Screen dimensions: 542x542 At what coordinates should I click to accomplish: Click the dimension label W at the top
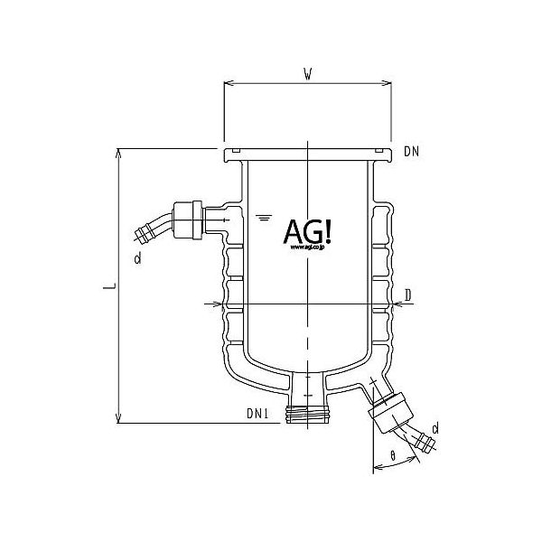click(x=309, y=75)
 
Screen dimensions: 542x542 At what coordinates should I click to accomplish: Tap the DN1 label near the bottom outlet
click(x=258, y=414)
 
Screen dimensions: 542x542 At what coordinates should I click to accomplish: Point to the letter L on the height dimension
click(x=107, y=287)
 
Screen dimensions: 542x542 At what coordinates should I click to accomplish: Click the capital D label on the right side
click(x=408, y=294)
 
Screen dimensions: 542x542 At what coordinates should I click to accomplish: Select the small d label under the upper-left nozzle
click(x=136, y=260)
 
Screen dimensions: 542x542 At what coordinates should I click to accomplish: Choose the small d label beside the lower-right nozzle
click(x=435, y=426)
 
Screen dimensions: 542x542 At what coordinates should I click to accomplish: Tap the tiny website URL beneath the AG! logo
click(x=309, y=252)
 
